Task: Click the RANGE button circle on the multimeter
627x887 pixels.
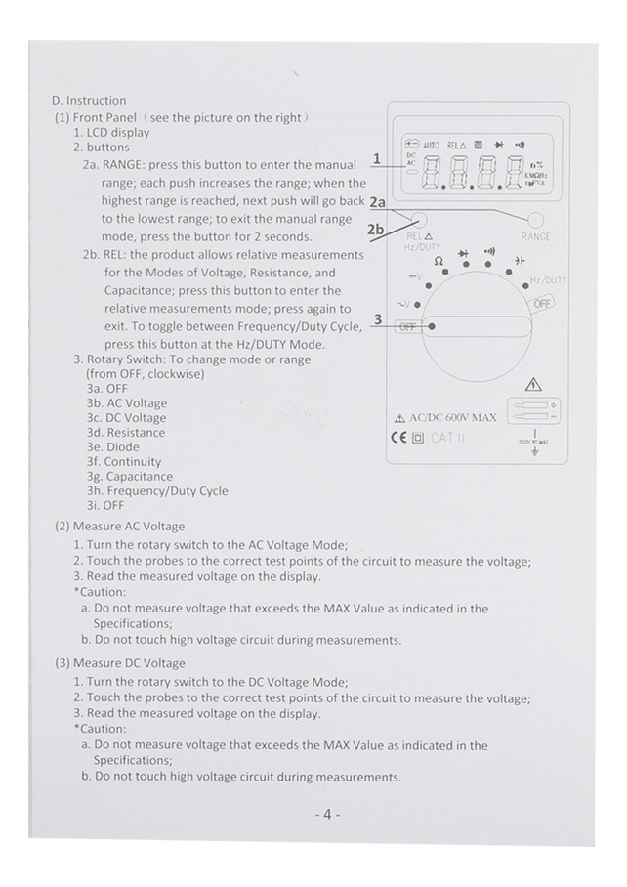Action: pos(535,220)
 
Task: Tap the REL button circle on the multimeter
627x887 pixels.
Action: pos(420,220)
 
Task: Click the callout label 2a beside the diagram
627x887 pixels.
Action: pos(377,202)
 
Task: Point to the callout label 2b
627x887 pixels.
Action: pos(375,230)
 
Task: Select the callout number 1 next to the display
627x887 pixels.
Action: pos(377,159)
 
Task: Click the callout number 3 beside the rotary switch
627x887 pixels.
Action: pos(378,319)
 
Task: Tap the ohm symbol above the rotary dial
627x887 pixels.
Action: pos(439,261)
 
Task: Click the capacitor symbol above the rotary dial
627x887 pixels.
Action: pos(519,260)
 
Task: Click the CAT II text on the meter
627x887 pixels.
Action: pos(447,438)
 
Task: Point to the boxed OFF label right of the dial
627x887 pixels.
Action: pos(542,303)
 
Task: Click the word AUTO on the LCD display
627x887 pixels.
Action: pos(431,145)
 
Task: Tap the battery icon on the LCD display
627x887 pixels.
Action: pos(411,144)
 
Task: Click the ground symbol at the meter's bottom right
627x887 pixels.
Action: pos(535,450)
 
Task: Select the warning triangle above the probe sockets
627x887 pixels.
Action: pos(533,385)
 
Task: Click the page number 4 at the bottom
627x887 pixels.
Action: pos(327,814)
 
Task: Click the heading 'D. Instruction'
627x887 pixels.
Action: pos(89,100)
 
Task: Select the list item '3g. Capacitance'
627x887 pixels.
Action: pos(130,477)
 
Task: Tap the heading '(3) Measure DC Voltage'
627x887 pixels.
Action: pos(120,663)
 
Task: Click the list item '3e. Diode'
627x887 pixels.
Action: pos(112,446)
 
